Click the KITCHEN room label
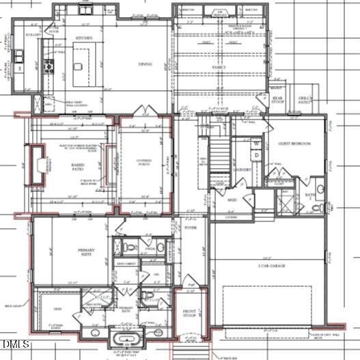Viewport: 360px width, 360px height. click(x=83, y=38)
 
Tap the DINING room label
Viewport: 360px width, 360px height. click(x=146, y=65)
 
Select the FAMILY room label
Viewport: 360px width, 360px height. click(x=218, y=68)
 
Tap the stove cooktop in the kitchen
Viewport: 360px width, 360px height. click(x=49, y=66)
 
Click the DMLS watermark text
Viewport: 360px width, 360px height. click(x=15, y=342)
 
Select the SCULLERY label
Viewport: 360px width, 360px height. click(x=33, y=34)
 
